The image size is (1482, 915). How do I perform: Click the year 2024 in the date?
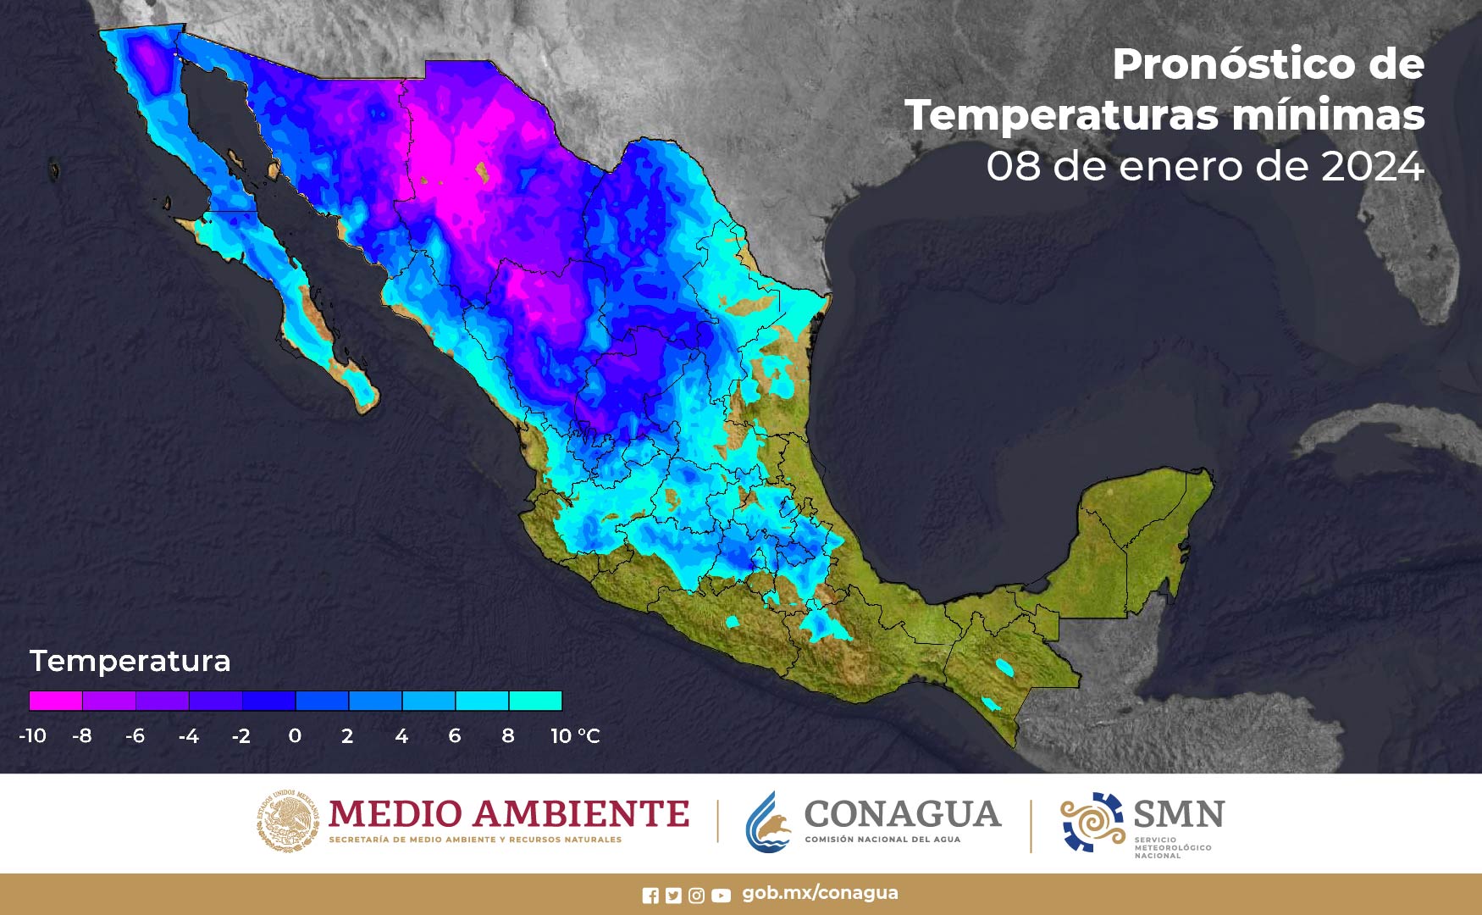pos(1373,166)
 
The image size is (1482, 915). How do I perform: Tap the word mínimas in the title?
pos(1328,115)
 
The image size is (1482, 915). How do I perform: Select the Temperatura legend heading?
pos(130,661)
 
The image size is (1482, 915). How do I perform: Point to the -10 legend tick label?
pos(32,735)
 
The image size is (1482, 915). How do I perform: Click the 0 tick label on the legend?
pos(295,735)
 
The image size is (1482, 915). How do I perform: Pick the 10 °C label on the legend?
pos(575,735)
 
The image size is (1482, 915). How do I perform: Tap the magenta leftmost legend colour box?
pos(56,701)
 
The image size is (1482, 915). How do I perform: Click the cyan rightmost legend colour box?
pos(535,701)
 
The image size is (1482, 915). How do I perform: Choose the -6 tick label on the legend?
pos(135,735)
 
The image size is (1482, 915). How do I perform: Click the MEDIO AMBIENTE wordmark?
pos(508,814)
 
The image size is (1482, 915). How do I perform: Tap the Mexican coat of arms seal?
pos(288,820)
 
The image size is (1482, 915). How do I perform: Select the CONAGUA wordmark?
pos(902,814)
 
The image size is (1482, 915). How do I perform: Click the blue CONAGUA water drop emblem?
pos(768,823)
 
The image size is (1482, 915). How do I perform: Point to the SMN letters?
pos(1179,814)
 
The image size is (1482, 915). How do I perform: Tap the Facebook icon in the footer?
pos(650,896)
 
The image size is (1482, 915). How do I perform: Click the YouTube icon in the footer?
pos(721,896)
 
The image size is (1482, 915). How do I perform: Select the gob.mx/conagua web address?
pos(820,893)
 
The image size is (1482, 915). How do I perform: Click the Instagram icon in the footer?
pos(696,896)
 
